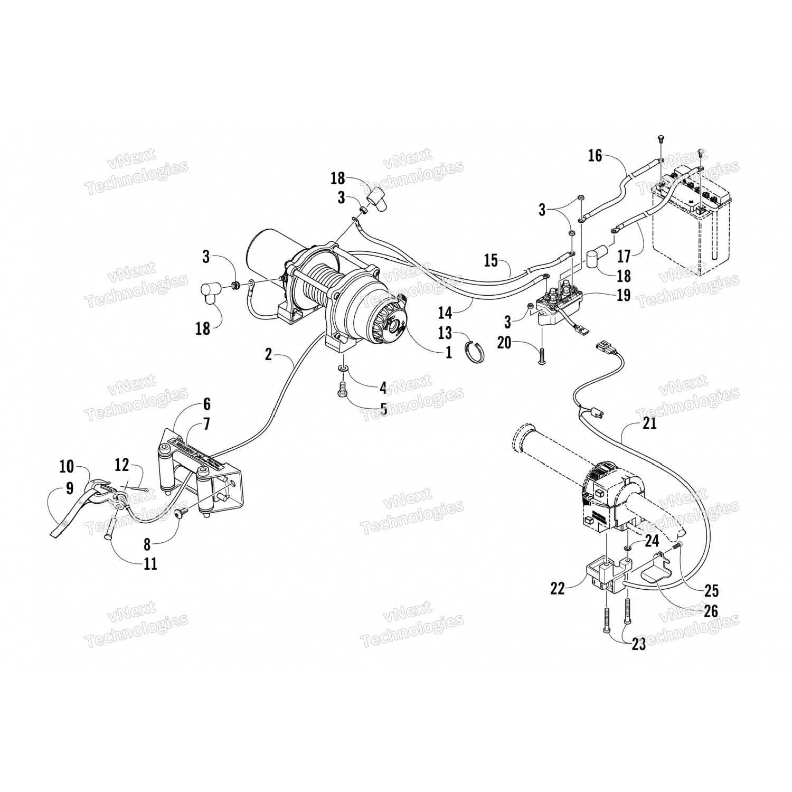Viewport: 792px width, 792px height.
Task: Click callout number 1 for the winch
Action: pyautogui.click(x=448, y=352)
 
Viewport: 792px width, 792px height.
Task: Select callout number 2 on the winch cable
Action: pyautogui.click(x=268, y=354)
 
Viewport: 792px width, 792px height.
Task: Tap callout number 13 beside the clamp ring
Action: pyautogui.click(x=446, y=333)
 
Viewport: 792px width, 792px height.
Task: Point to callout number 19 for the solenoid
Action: pyautogui.click(x=624, y=295)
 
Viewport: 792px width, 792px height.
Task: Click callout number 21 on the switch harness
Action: pyautogui.click(x=650, y=423)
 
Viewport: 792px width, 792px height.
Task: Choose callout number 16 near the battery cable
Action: pyautogui.click(x=595, y=156)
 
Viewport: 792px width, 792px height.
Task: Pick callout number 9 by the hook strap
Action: pyautogui.click(x=70, y=488)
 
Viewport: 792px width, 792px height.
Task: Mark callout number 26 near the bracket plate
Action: pyautogui.click(x=711, y=611)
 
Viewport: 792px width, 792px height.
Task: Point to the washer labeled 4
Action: pyautogui.click(x=342, y=367)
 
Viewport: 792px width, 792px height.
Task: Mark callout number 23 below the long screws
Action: pyautogui.click(x=638, y=645)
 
